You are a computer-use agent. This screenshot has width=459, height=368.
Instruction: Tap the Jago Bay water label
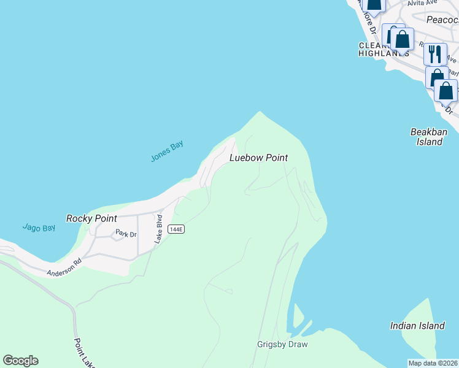pos(39,228)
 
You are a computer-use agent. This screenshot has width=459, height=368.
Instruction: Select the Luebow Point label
pos(258,158)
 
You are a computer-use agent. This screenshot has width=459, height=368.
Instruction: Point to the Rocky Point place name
pos(91,218)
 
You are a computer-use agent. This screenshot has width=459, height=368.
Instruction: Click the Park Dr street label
pos(125,234)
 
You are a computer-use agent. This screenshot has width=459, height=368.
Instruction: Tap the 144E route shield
pos(177,229)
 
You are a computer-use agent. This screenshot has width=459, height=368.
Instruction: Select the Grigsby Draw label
pos(282,345)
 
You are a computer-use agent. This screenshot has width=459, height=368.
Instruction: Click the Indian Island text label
pos(417,326)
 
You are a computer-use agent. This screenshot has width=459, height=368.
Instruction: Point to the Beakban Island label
pos(428,137)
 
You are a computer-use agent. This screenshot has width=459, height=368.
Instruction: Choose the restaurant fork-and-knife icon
pos(435,53)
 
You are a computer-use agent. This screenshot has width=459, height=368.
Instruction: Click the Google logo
pos(20,361)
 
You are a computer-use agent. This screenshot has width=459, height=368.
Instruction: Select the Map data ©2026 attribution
pos(433,363)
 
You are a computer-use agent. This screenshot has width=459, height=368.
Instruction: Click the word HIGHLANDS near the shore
pos(384,54)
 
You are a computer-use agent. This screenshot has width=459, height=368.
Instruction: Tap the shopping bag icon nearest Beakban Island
pos(446,90)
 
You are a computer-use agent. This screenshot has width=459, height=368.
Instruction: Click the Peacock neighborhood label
pos(442,20)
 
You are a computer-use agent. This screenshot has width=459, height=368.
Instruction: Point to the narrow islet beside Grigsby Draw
pos(298,316)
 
